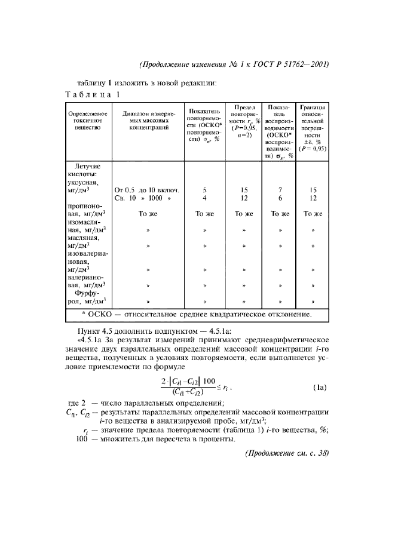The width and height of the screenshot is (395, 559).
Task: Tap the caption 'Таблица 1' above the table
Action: [x=93, y=94]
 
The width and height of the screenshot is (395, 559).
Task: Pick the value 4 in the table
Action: [x=204, y=198]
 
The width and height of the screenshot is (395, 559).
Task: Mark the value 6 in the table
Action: [x=280, y=198]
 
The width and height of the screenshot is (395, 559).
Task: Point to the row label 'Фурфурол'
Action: [x=87, y=297]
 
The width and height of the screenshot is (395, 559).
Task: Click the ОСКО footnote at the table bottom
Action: [x=197, y=314]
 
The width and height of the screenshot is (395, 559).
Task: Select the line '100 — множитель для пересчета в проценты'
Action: [x=155, y=440]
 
